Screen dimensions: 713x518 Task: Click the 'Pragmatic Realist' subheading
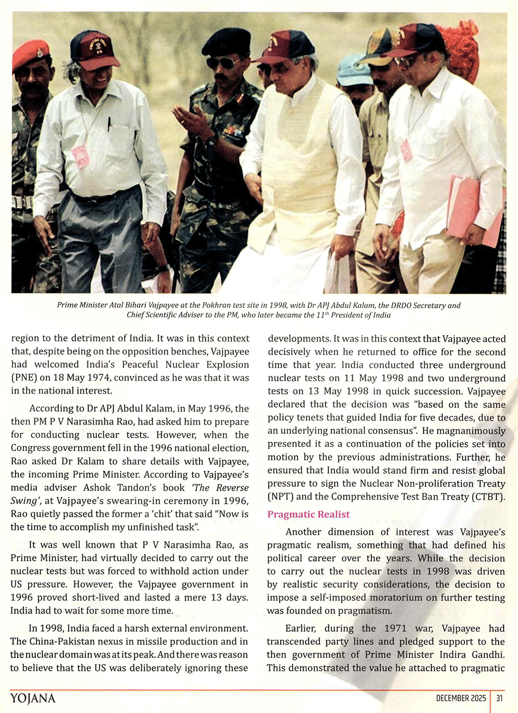click(308, 514)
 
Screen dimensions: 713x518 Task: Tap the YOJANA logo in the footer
click(33, 698)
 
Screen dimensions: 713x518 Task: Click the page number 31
click(499, 698)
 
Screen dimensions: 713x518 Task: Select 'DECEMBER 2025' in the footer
click(461, 698)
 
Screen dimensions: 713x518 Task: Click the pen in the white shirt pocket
click(109, 124)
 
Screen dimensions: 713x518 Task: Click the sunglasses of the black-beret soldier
click(223, 63)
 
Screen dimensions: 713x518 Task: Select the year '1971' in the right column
click(395, 628)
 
